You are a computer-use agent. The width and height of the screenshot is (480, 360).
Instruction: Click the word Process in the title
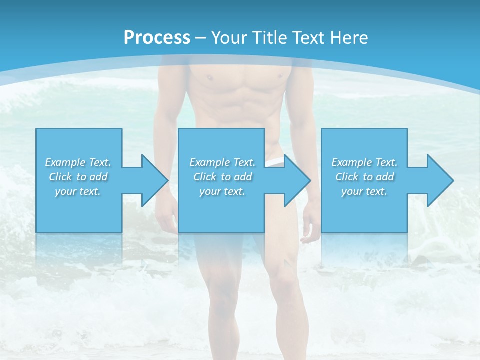tap(157, 37)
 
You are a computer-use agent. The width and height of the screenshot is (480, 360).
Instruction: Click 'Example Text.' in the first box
tap(78, 162)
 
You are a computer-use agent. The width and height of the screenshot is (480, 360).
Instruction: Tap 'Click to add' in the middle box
tap(222, 177)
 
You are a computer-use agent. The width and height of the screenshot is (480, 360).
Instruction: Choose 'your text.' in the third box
tap(364, 191)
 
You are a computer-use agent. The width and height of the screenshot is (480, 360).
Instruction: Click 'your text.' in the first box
tap(78, 191)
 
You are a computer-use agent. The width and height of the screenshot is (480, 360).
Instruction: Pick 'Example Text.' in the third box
tap(364, 162)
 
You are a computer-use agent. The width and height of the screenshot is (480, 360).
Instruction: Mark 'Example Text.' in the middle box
tap(222, 162)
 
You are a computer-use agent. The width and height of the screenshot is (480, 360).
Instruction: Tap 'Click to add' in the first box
tap(78, 177)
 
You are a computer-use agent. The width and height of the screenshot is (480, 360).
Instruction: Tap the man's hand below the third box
tap(311, 235)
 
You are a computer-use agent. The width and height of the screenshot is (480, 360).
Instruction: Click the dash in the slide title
tap(200, 38)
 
